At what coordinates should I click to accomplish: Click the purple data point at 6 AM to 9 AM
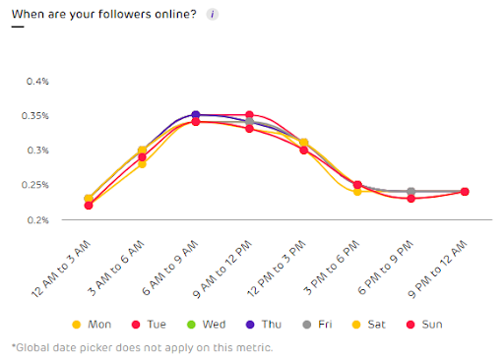pyautogui.click(x=196, y=115)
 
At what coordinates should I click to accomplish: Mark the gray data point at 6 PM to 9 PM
pyautogui.click(x=410, y=192)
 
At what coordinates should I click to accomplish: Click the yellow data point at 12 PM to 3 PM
pyautogui.click(x=303, y=143)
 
